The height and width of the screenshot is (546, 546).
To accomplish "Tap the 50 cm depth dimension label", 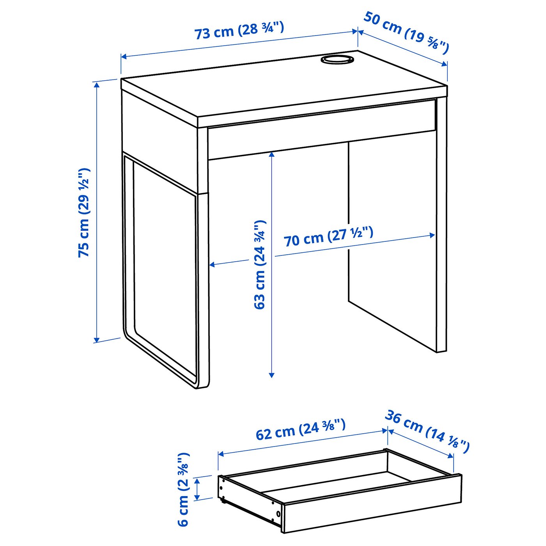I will [x=406, y=33].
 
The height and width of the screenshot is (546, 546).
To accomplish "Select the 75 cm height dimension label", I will [x=84, y=213].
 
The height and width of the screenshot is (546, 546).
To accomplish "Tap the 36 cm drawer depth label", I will [x=427, y=431].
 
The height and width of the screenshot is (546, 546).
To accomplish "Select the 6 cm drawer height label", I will [x=183, y=489].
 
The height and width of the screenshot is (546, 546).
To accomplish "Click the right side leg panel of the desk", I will [x=441, y=226].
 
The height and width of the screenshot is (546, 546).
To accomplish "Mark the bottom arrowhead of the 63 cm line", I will [x=272, y=375].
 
